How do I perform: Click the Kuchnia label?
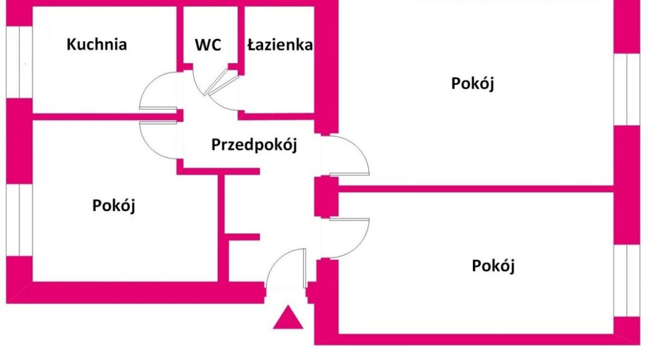point(97,44)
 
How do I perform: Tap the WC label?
point(208,45)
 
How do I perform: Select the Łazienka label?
point(280,45)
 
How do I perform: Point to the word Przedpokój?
point(254,145)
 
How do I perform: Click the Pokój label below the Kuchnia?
point(113,206)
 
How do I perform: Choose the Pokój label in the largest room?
point(473,83)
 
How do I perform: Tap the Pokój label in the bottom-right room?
point(493,266)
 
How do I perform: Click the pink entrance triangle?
point(288,318)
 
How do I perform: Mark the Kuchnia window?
point(19,63)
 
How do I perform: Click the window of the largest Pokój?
point(626,89)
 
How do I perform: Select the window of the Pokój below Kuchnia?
point(19,220)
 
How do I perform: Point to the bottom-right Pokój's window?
point(626,281)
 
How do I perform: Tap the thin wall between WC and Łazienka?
point(241,37)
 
